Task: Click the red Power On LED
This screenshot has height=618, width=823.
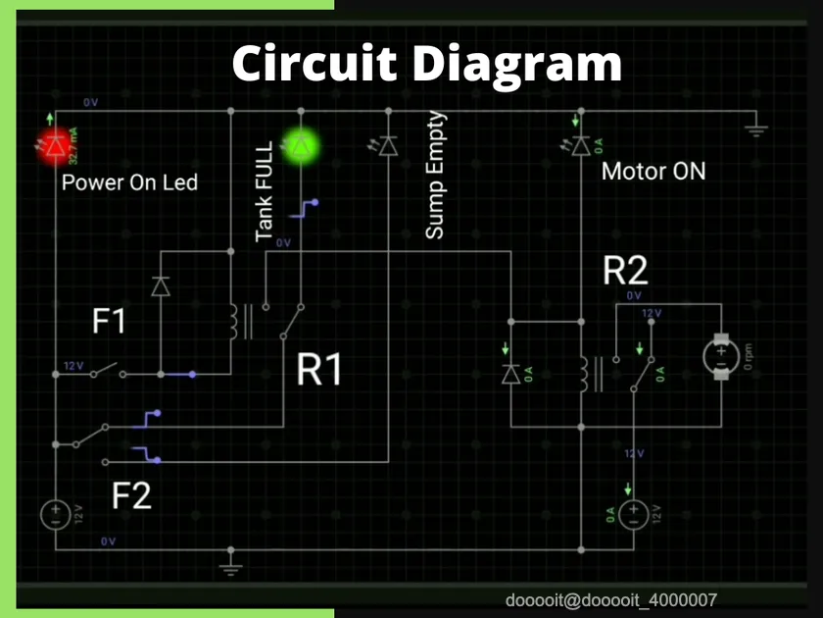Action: click(55, 145)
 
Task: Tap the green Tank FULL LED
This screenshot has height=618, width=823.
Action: click(301, 146)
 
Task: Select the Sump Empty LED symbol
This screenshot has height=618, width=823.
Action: click(388, 146)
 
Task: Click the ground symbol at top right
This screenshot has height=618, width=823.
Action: click(755, 129)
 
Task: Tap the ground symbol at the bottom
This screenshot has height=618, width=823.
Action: click(231, 566)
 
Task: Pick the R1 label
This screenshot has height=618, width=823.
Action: click(321, 371)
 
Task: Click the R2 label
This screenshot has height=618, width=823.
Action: click(626, 272)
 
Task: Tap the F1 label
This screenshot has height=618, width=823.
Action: click(109, 321)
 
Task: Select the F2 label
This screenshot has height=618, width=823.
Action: click(131, 495)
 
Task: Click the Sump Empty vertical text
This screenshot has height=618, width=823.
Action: click(435, 176)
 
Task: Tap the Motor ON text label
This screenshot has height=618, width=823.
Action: click(653, 172)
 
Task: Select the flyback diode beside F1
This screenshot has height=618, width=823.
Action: click(160, 285)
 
